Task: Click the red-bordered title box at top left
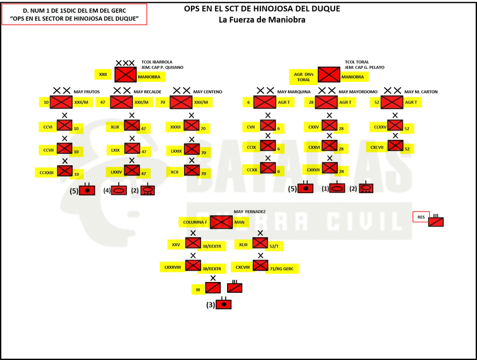click(x=74, y=15)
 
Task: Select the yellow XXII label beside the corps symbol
click(x=103, y=75)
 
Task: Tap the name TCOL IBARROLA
click(x=156, y=62)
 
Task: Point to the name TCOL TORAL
click(x=357, y=62)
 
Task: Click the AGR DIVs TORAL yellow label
click(x=303, y=77)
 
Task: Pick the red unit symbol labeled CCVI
click(x=65, y=125)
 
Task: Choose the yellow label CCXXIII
click(x=47, y=173)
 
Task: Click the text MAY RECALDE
click(x=147, y=91)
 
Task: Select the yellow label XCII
click(x=175, y=172)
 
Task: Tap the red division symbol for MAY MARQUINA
click(x=265, y=102)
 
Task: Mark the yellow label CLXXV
click(x=380, y=127)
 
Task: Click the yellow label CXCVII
click(x=377, y=147)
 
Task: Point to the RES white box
click(x=421, y=217)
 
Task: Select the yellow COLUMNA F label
click(x=194, y=222)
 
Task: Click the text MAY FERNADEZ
click(x=250, y=211)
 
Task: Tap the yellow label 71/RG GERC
click(x=282, y=269)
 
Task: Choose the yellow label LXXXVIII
click(x=173, y=267)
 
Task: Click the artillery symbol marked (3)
click(x=224, y=304)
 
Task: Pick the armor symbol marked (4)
click(x=119, y=190)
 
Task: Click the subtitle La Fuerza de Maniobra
click(x=262, y=20)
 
